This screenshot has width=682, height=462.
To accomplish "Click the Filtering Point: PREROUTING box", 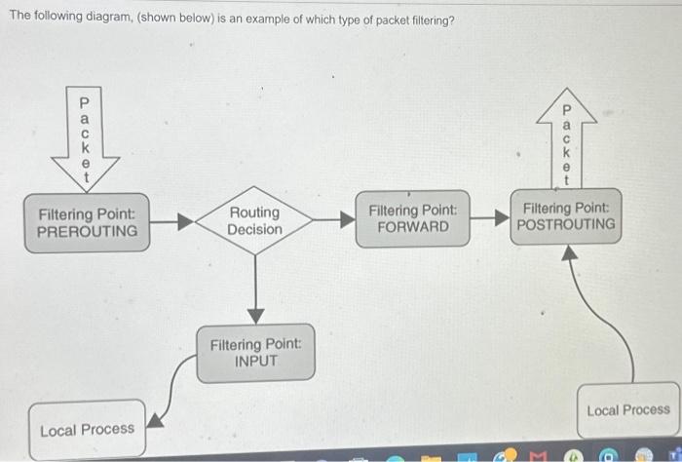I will point(87,223).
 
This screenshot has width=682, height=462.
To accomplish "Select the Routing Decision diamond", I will point(254,221).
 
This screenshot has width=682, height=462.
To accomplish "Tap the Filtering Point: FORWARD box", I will point(413,218).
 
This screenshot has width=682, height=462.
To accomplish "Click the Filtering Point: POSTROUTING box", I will point(568,216).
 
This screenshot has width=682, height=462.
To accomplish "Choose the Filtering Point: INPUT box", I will point(255,352).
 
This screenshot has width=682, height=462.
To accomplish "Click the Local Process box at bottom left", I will point(87,430).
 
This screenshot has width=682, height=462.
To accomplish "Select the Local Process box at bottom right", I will point(627,410).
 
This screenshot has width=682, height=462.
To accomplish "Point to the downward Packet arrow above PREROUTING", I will point(83,137).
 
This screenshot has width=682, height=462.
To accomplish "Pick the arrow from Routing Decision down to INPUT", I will point(255,289).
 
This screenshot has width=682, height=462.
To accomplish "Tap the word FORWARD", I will point(413,227).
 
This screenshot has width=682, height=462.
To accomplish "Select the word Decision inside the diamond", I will point(254,230).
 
